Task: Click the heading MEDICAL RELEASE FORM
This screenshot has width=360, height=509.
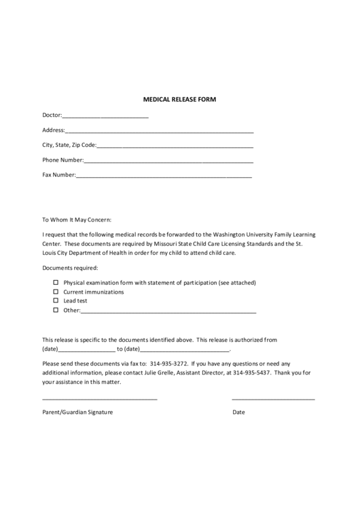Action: (179, 99)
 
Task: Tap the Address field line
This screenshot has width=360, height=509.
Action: (160, 132)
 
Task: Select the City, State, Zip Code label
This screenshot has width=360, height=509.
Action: (69, 145)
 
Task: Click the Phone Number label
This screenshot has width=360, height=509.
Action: (62, 160)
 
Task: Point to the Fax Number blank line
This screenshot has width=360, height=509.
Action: (164, 177)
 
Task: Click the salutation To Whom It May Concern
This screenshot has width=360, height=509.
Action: (76, 220)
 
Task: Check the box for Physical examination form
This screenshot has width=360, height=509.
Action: (56, 282)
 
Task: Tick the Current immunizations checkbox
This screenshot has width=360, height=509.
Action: (56, 292)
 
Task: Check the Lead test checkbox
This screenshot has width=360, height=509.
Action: (56, 300)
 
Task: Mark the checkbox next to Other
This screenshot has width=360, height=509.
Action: (56, 310)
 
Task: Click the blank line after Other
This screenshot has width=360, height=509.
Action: (168, 311)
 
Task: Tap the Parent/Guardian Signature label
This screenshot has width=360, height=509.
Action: (77, 413)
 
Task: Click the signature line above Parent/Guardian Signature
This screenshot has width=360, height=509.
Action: (100, 399)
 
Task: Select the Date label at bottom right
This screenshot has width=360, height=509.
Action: (238, 413)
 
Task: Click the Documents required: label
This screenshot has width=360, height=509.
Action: (70, 268)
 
